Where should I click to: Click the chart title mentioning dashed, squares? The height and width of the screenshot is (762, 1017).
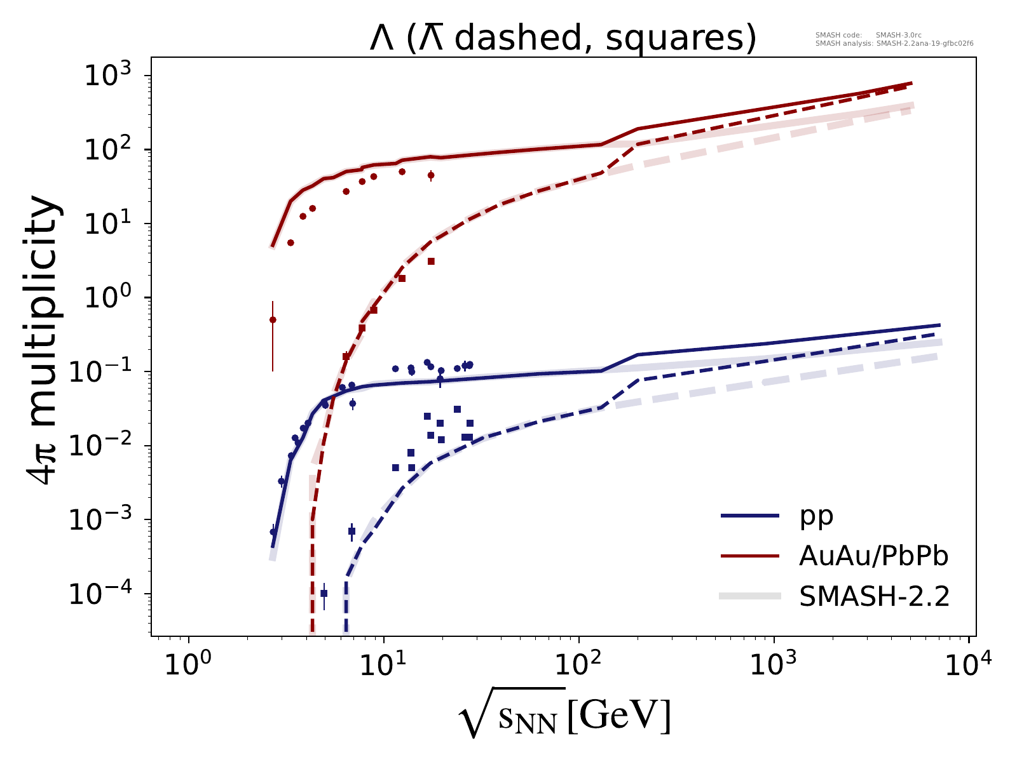[x=563, y=38]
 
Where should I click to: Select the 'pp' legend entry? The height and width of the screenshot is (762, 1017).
[x=816, y=517]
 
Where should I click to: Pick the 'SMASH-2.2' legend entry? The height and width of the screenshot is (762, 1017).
[x=874, y=596]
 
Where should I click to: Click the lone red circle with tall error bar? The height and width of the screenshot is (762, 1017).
[x=273, y=320]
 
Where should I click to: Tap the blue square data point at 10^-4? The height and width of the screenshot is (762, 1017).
[x=324, y=593]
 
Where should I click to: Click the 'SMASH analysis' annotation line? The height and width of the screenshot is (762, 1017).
[x=894, y=44]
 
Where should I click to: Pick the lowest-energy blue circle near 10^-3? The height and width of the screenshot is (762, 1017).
[x=273, y=532]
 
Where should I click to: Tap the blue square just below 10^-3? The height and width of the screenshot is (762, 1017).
[x=352, y=531]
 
